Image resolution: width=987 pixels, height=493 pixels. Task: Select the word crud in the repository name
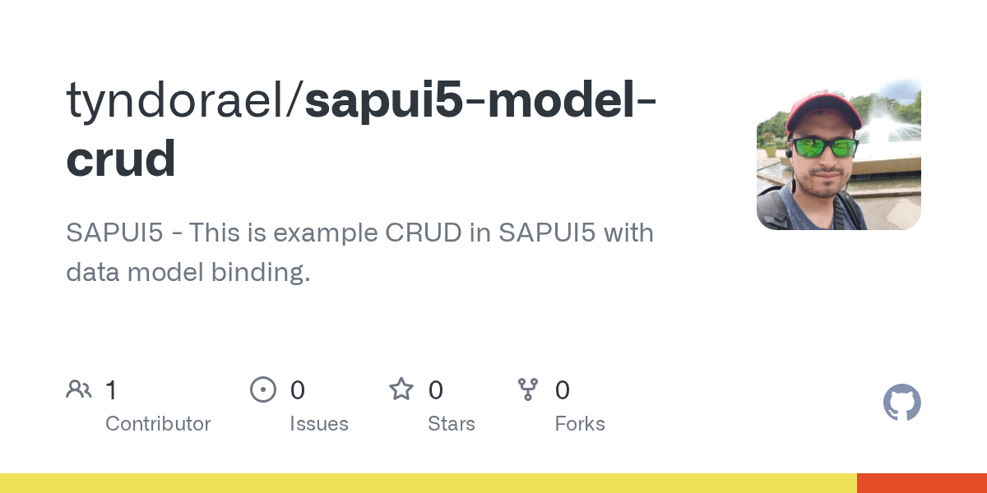click(x=121, y=158)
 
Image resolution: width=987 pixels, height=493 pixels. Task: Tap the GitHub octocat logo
click(x=901, y=403)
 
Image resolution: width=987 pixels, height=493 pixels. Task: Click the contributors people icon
click(x=79, y=389)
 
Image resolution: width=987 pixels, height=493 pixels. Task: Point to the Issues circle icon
click(x=263, y=389)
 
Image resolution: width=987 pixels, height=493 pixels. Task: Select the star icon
click(x=401, y=389)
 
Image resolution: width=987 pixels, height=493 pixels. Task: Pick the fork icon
click(x=528, y=389)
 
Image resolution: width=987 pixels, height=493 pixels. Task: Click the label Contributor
click(x=158, y=424)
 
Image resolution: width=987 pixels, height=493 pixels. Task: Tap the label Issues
click(x=319, y=424)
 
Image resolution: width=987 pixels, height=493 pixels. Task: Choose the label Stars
click(x=452, y=424)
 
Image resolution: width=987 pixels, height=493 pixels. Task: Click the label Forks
click(x=580, y=424)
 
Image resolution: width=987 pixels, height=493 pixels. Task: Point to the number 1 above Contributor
click(x=111, y=389)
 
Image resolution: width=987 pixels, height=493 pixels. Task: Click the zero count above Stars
click(x=436, y=389)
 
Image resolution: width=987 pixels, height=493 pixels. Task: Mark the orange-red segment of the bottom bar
click(x=921, y=483)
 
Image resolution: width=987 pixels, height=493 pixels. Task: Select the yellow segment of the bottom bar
click(x=428, y=483)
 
